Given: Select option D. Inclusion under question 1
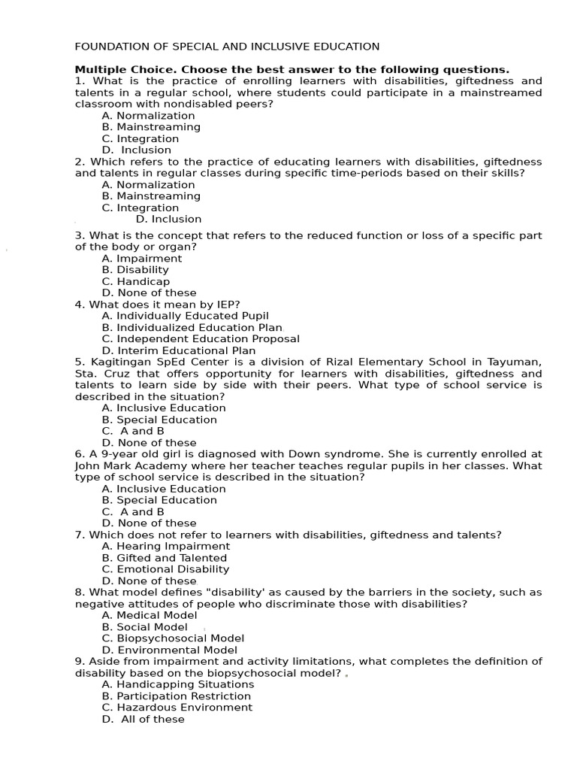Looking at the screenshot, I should click(x=137, y=150).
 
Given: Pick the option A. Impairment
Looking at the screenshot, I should click(x=142, y=259).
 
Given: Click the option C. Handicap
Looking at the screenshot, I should click(x=136, y=281).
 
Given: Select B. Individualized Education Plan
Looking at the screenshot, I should click(x=192, y=328).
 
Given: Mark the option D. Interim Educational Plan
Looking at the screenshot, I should click(x=179, y=350).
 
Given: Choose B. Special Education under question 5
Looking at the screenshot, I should click(x=159, y=420).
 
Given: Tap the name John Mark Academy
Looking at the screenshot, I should click(x=120, y=465).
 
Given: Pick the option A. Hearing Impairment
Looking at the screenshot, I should click(x=166, y=547).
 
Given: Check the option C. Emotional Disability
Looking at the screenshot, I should click(x=165, y=569).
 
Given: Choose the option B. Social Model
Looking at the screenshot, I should click(x=145, y=627).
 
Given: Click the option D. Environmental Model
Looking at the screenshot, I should click(x=170, y=650).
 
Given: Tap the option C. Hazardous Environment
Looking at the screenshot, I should click(x=177, y=708).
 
